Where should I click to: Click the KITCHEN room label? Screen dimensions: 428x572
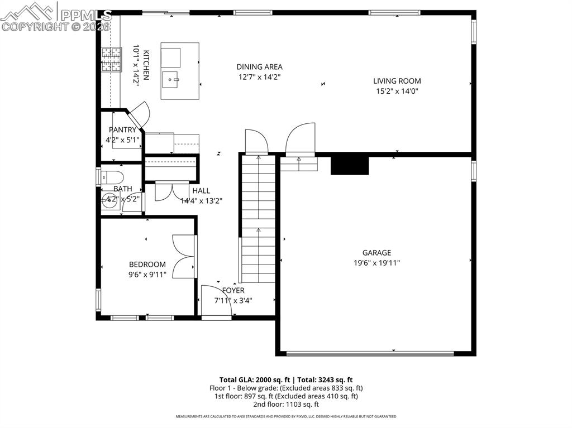pos(146,65)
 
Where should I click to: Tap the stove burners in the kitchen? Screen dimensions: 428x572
pos(111,60)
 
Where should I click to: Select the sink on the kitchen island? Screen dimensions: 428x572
pos(171,80)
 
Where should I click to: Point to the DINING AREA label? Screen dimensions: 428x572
pos(259,67)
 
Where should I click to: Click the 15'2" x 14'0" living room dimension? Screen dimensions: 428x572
pos(397,91)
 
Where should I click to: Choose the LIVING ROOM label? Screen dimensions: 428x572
pos(397,81)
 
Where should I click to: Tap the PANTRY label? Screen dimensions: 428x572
pos(122,130)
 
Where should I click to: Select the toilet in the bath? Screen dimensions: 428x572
pos(113,178)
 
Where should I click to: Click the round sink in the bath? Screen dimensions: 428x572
pos(109,201)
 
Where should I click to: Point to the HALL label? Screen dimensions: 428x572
pos(201,191)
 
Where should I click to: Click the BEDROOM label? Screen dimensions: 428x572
pos(147,265)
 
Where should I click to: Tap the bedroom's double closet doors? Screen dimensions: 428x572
pos(184,256)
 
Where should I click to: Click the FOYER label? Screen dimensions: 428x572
pos(233,291)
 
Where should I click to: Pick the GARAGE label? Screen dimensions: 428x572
pos(376,253)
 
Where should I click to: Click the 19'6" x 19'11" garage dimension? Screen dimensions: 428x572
pos(376,263)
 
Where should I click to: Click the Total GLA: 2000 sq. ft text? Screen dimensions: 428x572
pos(254,379)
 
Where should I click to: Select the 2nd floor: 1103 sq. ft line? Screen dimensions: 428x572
pos(285,405)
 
